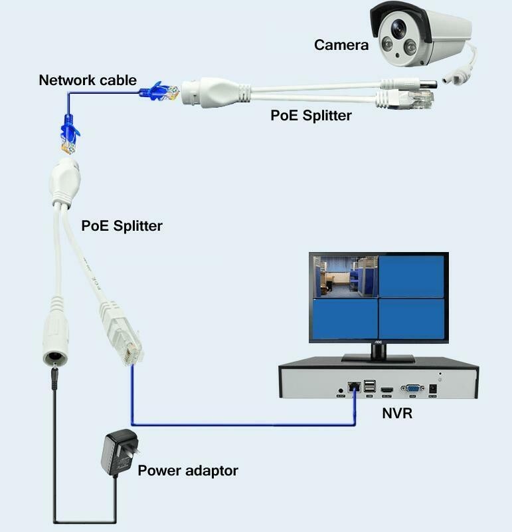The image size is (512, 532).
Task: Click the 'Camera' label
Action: tap(341, 45)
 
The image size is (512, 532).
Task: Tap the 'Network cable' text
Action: tap(88, 80)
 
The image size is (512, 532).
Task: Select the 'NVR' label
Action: tap(397, 413)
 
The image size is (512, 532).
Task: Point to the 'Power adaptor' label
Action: tap(187, 471)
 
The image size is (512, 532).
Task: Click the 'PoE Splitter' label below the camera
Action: tap(311, 115)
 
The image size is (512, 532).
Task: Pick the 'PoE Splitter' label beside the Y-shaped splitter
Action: tap(122, 225)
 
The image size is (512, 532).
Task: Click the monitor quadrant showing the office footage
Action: tap(345, 276)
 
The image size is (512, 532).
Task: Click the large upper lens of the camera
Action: tap(399, 29)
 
